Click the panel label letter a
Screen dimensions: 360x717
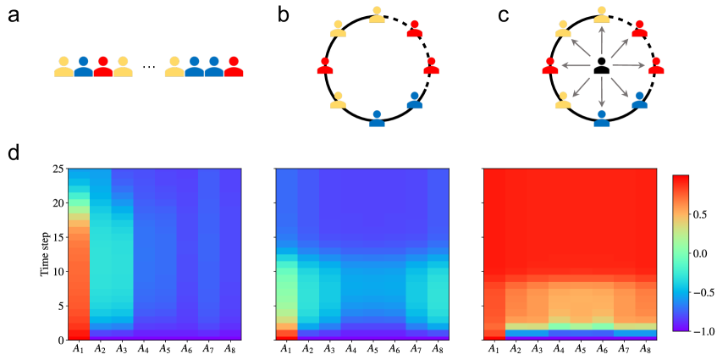[x=15, y=17]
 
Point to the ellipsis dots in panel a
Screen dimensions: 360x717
[x=149, y=67]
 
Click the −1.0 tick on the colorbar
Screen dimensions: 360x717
[x=704, y=330]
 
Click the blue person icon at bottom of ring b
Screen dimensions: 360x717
[x=377, y=118]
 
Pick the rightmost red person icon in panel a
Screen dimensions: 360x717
[x=234, y=67]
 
